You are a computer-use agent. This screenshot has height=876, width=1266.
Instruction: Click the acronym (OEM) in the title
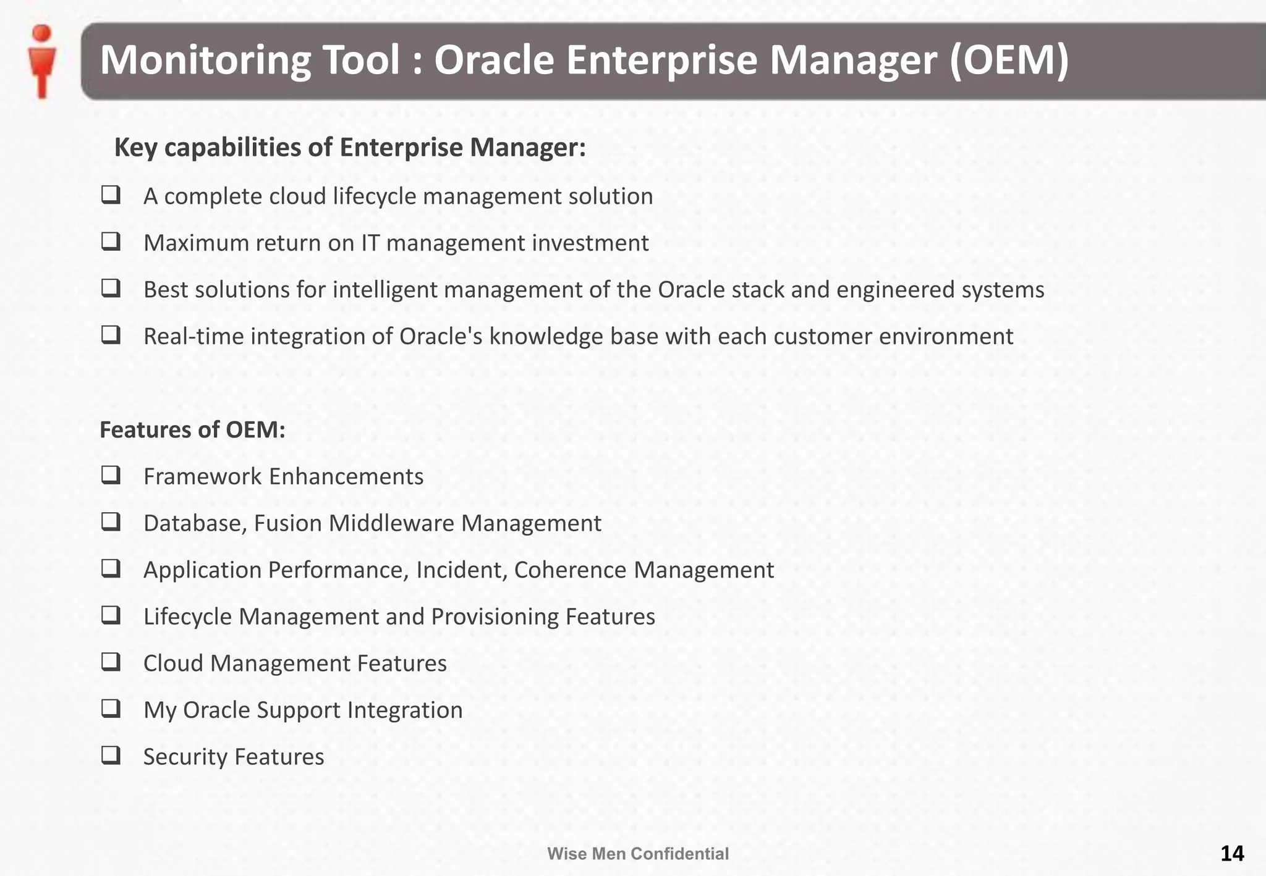pos(1009,60)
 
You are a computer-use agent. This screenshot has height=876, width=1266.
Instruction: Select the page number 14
pos(1231,853)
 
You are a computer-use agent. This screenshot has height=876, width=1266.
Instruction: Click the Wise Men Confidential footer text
pos(637,854)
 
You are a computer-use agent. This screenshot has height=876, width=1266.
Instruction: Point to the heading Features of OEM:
pos(192,429)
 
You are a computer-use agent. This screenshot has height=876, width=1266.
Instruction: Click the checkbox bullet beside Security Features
pos(111,755)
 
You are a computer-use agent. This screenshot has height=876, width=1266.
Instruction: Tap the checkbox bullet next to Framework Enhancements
pos(111,475)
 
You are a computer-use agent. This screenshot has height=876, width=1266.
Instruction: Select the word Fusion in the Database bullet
pos(287,523)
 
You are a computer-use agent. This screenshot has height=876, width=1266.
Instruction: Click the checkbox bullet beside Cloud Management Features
pos(111,662)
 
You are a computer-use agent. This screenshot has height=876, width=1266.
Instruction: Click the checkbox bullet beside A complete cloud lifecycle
pos(111,195)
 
